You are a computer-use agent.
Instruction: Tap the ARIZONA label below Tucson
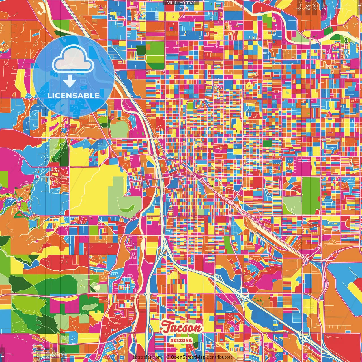181,340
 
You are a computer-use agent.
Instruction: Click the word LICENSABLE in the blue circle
74,96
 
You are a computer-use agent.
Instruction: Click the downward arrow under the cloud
69,81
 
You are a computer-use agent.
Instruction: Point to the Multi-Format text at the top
181,3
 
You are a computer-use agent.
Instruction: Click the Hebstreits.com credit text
145,357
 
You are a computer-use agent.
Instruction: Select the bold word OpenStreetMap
188,357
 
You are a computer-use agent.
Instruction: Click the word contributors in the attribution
220,357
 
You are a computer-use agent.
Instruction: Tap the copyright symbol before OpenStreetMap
168,357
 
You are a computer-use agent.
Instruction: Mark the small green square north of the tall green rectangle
267,144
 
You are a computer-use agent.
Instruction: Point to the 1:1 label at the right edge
359,6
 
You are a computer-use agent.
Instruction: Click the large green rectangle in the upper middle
155,55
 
